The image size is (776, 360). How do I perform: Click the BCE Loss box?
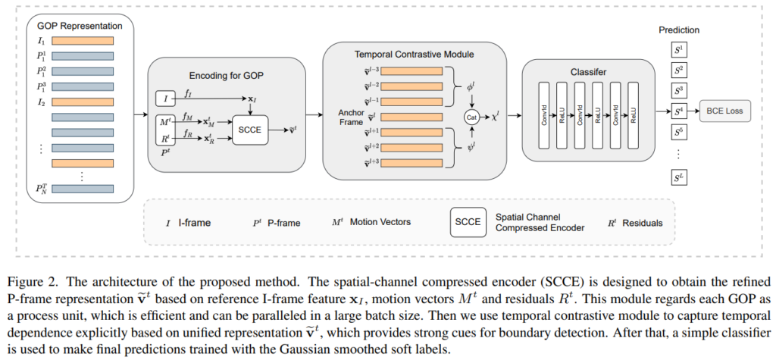pos(725,112)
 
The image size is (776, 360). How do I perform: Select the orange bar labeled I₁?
pos(82,42)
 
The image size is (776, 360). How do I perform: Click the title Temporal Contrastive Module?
pos(414,55)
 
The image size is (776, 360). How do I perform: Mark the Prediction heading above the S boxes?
pos(678,30)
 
